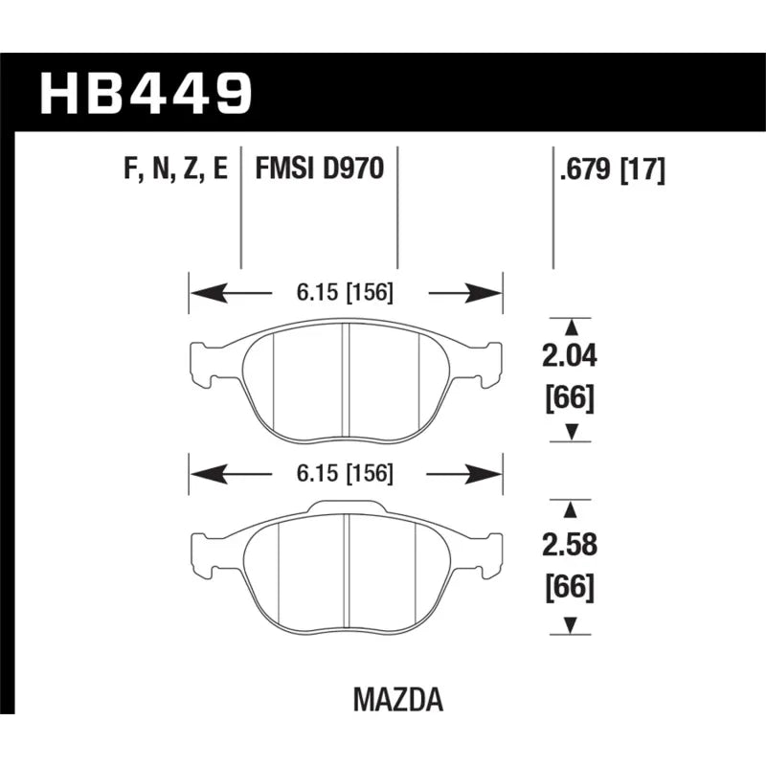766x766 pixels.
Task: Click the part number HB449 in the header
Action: pyautogui.click(x=146, y=93)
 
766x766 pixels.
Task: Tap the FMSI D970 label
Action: pyautogui.click(x=320, y=169)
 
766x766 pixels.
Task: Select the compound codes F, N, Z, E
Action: pyautogui.click(x=176, y=169)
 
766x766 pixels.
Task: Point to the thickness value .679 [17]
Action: pyautogui.click(x=613, y=170)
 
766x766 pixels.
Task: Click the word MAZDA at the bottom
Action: pyautogui.click(x=398, y=700)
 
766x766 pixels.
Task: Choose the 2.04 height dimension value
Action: pyautogui.click(x=570, y=355)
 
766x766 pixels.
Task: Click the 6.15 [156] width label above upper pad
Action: pyautogui.click(x=345, y=292)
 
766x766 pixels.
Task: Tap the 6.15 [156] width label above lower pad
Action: pyautogui.click(x=345, y=473)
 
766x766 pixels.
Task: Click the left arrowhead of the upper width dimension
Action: pyautogui.click(x=209, y=293)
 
